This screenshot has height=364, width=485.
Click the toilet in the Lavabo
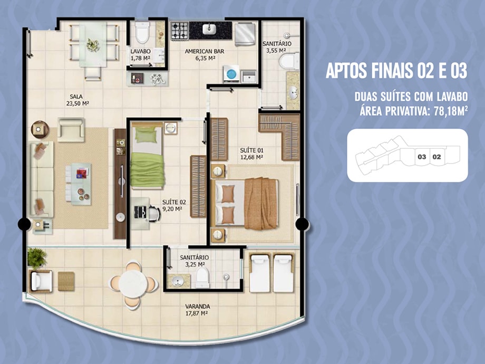[142, 32]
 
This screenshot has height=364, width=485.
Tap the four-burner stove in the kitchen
[179, 31]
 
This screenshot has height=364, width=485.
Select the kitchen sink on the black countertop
[209, 30]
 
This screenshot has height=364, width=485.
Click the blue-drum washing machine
[231, 74]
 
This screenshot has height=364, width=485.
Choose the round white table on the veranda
[133, 284]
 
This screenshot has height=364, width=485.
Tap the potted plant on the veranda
[37, 258]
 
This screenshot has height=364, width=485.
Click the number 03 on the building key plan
[422, 157]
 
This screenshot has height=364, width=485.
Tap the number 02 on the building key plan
[436, 157]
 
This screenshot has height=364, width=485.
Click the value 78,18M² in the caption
[451, 110]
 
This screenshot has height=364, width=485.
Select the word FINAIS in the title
[393, 71]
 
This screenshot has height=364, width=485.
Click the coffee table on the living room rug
[79, 184]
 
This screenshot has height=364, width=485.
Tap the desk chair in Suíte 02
[154, 213]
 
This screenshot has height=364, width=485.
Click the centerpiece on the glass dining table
[93, 45]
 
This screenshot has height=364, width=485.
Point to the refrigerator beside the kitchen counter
[245, 34]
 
